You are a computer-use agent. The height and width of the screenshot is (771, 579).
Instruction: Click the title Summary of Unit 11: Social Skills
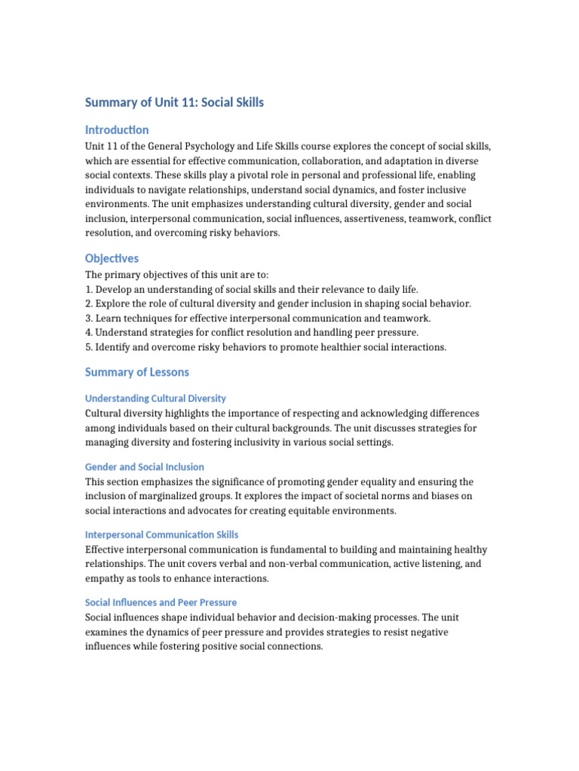click(x=174, y=102)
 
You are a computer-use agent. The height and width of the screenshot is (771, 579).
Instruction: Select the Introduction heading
click(x=117, y=130)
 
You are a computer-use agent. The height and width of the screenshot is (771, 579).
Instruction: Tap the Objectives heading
click(x=112, y=258)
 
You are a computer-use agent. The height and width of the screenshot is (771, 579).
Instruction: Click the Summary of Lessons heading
click(x=137, y=372)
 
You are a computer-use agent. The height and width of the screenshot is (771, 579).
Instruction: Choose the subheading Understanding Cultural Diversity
click(x=155, y=398)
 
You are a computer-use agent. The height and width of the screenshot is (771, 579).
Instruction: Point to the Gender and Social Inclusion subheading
click(x=145, y=467)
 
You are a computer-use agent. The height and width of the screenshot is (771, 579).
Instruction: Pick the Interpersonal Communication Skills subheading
click(x=161, y=535)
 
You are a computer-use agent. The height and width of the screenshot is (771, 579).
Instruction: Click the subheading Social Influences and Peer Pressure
click(x=161, y=602)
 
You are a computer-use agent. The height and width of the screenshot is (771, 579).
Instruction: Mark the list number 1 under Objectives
click(x=88, y=290)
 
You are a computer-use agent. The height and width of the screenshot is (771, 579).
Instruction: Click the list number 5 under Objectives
click(x=88, y=347)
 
